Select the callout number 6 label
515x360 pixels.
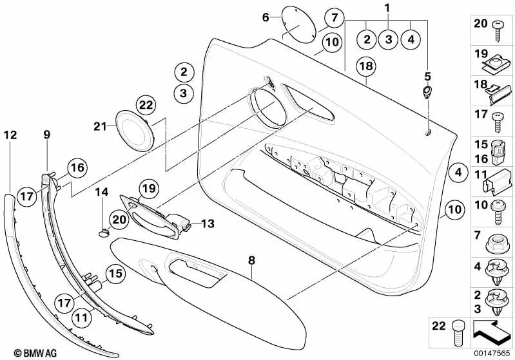[x=265, y=17]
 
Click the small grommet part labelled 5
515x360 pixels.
[x=426, y=92]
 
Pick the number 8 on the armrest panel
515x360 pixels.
[x=252, y=260]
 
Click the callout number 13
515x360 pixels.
[x=207, y=223]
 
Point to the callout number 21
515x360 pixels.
[x=99, y=127]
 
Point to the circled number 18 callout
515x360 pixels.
[x=365, y=66]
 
